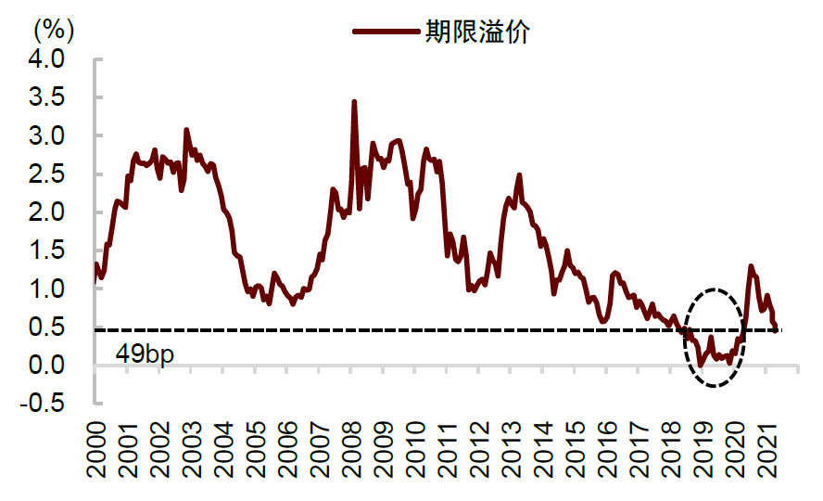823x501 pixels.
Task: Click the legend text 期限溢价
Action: pos(477,32)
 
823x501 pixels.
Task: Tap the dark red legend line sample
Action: pos(386,32)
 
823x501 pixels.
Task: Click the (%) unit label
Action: pos(54,29)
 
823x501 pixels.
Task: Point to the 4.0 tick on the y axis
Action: pos(45,59)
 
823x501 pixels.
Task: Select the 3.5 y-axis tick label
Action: pos(45,97)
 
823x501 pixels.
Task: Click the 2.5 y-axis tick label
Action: pos(45,174)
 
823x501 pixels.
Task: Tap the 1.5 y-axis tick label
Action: pos(45,250)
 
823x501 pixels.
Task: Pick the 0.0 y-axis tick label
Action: pos(45,366)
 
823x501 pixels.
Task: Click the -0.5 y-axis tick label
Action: pos(42,404)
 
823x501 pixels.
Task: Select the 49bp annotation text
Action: pos(146,354)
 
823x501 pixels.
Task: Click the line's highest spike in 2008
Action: pos(354,101)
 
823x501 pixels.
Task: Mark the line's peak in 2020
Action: pos(751,266)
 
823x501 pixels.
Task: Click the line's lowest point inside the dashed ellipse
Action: pos(701,364)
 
